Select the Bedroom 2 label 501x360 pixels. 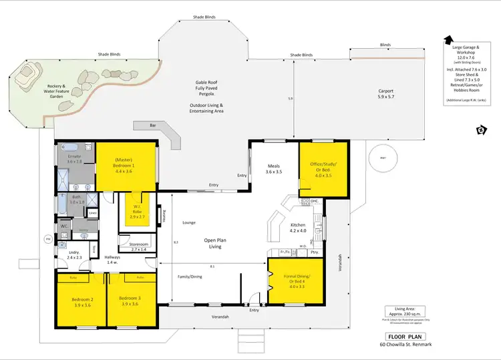pyautogui.click(x=83, y=303)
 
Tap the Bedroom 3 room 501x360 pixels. pyautogui.click(x=130, y=303)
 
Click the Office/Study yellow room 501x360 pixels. pyautogui.click(x=323, y=170)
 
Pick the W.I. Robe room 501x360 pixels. pyautogui.click(x=136, y=213)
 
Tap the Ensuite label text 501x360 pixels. pyautogui.click(x=74, y=158)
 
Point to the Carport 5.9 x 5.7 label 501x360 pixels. pyautogui.click(x=386, y=94)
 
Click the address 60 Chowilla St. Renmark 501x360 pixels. pyautogui.click(x=406, y=345)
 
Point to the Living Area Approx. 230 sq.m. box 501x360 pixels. pyautogui.click(x=406, y=312)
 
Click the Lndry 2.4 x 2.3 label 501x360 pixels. pyautogui.click(x=73, y=254)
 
